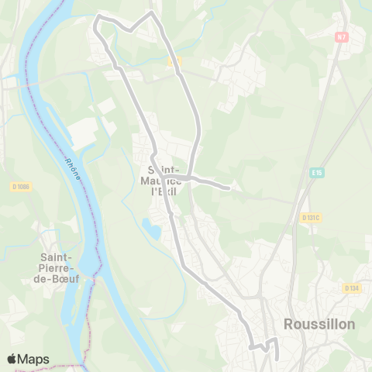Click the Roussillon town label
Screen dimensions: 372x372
point(319,324)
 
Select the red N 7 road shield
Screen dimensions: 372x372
point(342,36)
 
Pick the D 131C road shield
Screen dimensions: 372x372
point(312,219)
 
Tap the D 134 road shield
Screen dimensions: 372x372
point(351,288)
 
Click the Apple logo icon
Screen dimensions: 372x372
point(12,359)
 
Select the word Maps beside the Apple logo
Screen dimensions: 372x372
point(34,359)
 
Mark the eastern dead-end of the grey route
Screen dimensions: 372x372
point(229,187)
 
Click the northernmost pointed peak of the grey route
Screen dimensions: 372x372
point(151,12)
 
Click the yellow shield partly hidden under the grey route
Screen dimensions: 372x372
point(173,60)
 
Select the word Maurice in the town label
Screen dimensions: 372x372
point(164,181)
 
